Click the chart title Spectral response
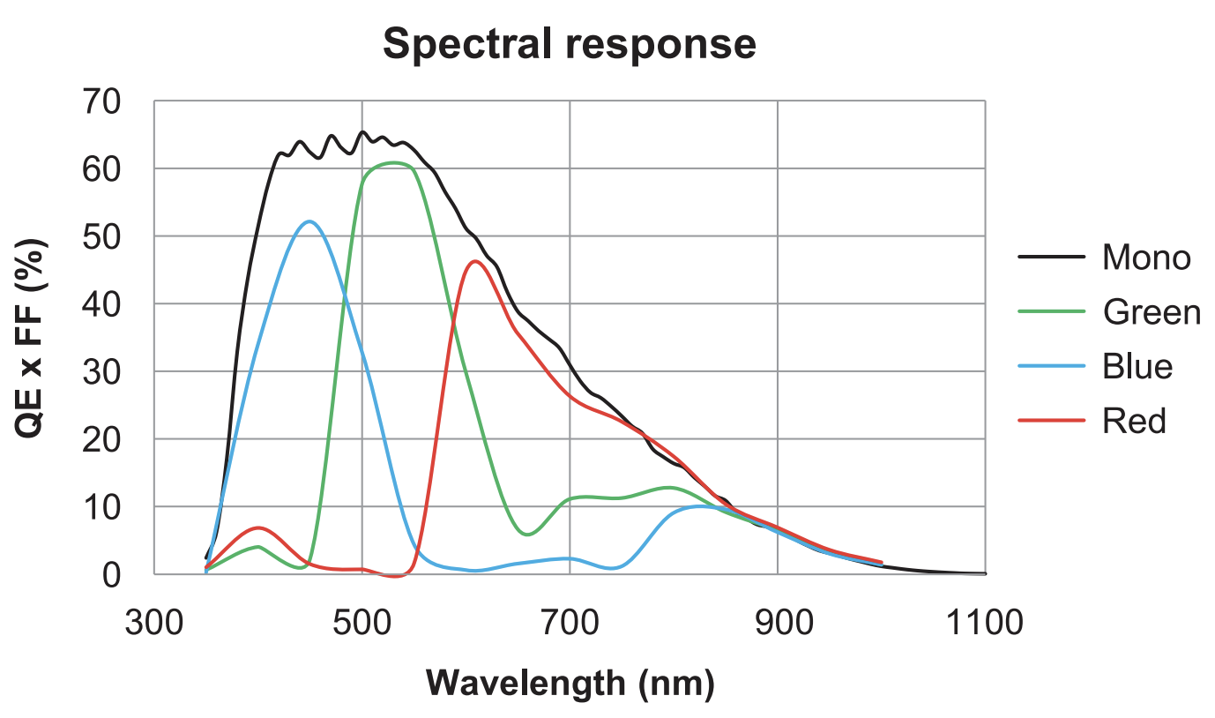tap(569, 43)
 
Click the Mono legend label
tap(1145, 258)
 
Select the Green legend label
tap(1151, 311)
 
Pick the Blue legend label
tap(1137, 366)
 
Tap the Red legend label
tap(1134, 421)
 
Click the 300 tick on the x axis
tap(154, 623)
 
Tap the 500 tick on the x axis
tap(362, 623)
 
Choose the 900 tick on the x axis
tap(778, 623)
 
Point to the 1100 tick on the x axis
tap(985, 623)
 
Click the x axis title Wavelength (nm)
tap(569, 682)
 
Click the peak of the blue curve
tap(309, 221)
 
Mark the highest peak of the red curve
tap(476, 261)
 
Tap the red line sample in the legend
tap(1051, 421)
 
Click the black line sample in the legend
tap(1051, 258)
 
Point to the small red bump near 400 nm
tap(258, 527)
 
